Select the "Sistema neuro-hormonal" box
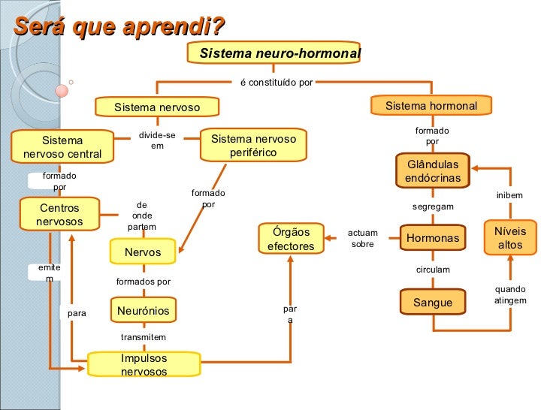280,54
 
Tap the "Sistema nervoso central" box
62,146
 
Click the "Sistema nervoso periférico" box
253,146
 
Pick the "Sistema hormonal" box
431,106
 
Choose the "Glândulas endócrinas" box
433,171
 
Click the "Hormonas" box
432,238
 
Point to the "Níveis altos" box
510,238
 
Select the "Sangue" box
433,303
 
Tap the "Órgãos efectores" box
291,239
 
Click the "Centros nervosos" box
59,214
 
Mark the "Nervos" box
143,252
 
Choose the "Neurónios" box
143,310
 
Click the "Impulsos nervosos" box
144,364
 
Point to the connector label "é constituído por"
277,82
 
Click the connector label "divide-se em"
157,140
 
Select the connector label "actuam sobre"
362,238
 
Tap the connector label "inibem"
509,196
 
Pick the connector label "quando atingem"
510,294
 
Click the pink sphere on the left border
62,91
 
